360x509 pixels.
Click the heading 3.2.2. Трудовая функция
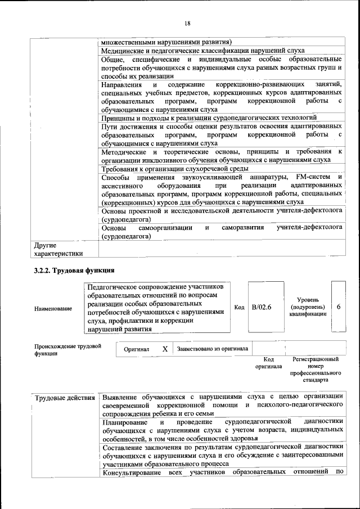click(74, 271)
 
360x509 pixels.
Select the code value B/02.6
click(261, 307)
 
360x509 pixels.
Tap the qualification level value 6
click(339, 307)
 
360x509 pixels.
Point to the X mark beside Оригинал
click(165, 349)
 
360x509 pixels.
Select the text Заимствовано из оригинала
click(212, 349)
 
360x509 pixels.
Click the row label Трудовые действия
click(65, 399)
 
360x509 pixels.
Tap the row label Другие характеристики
click(57, 249)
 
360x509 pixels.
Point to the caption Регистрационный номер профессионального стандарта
click(316, 369)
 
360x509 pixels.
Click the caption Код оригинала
click(268, 362)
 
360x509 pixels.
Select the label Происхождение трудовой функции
click(67, 350)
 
